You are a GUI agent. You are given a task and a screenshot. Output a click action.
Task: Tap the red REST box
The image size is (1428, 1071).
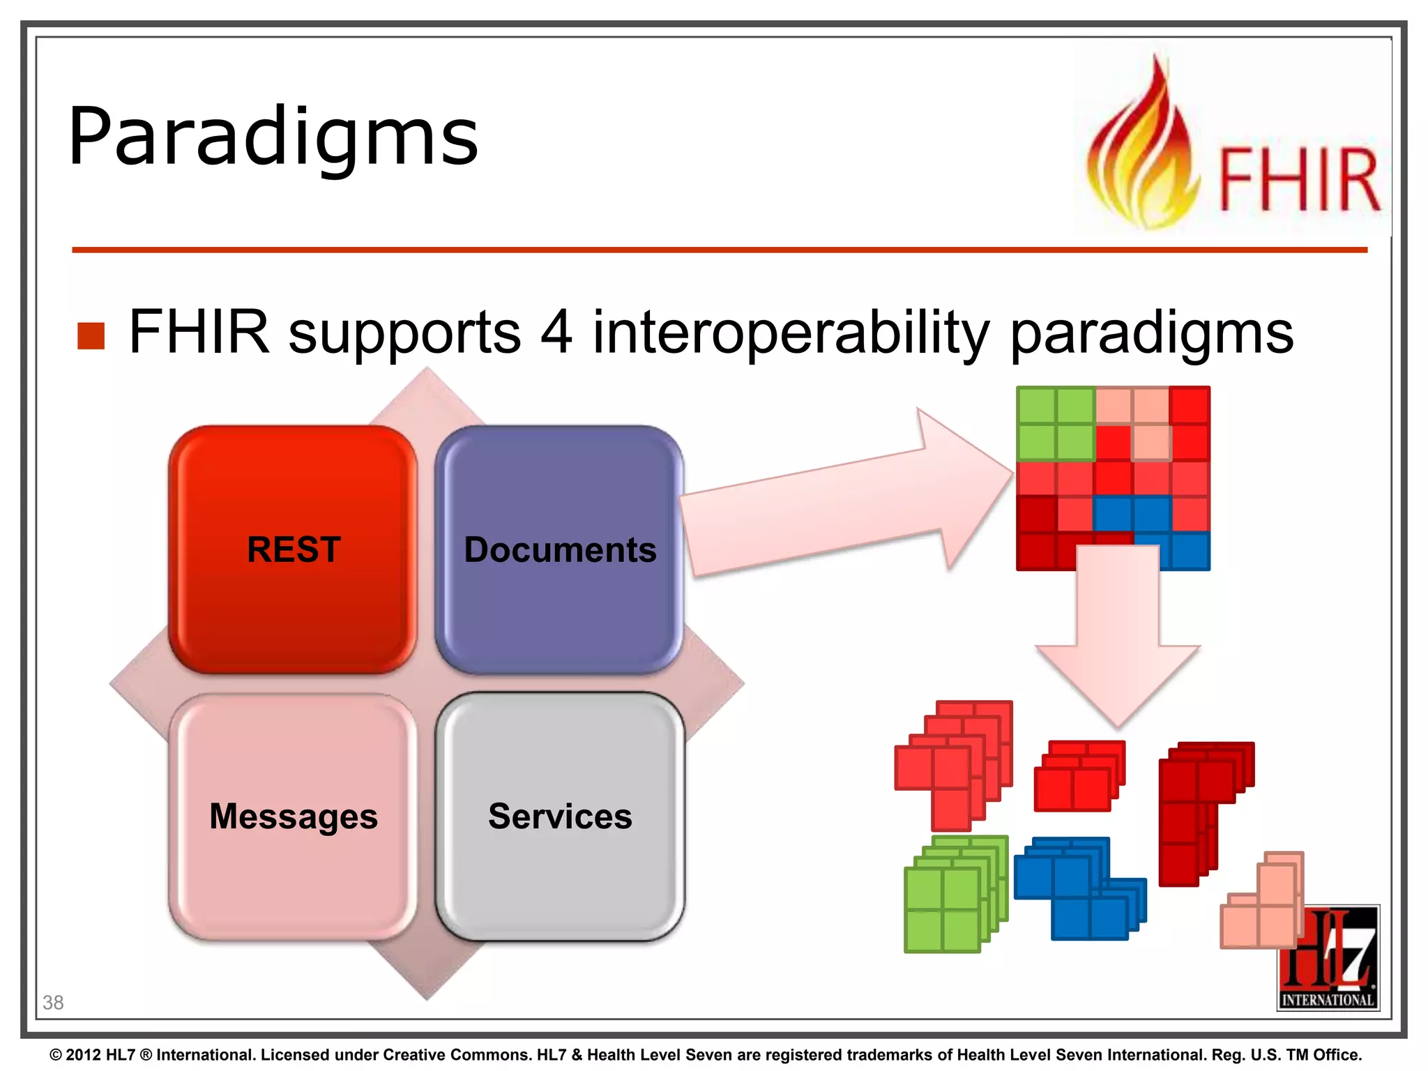(x=293, y=549)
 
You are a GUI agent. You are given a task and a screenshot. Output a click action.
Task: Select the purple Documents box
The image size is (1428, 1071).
(x=559, y=549)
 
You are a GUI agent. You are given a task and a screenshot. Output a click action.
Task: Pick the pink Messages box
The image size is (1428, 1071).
(x=293, y=816)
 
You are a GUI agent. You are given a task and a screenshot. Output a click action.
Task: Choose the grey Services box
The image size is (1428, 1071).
(x=560, y=816)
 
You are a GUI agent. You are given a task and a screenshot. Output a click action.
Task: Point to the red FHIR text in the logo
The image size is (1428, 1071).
(x=1298, y=180)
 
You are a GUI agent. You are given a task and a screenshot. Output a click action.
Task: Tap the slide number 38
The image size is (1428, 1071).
(x=53, y=1003)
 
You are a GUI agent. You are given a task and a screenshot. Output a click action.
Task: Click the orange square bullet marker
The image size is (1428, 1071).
(x=91, y=335)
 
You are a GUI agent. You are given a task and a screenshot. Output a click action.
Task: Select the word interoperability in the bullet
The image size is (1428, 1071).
(x=791, y=333)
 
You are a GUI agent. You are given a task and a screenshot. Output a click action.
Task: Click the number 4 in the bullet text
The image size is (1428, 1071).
(x=556, y=333)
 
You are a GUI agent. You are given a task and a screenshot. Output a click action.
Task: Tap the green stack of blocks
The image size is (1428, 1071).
(x=952, y=896)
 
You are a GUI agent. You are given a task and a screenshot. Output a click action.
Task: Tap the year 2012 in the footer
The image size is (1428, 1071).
(x=84, y=1055)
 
